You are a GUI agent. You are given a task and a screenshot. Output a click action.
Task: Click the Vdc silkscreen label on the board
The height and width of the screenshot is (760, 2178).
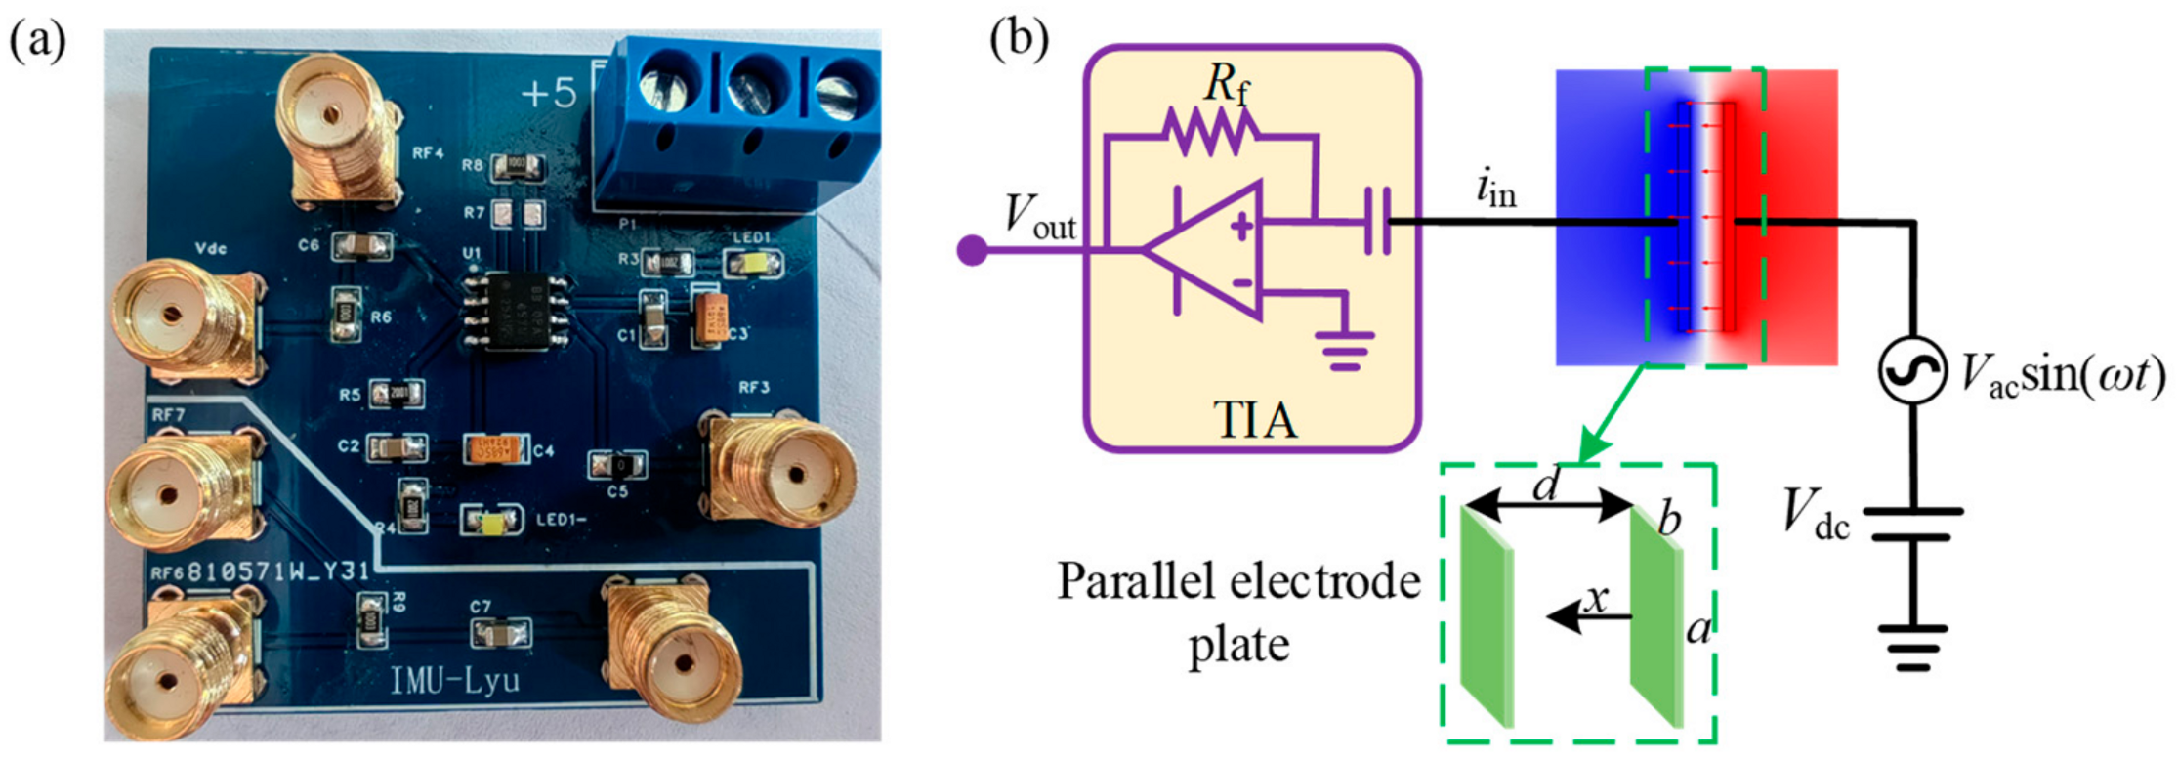point(211,249)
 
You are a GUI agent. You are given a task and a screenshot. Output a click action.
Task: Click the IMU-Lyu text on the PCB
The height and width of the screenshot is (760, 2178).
point(455,680)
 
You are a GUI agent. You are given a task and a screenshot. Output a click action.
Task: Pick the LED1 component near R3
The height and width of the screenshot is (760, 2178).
point(752,262)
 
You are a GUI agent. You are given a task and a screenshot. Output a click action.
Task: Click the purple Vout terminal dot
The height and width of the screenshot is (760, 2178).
point(972,250)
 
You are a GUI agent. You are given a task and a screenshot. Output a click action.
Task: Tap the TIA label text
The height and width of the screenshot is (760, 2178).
point(1254,420)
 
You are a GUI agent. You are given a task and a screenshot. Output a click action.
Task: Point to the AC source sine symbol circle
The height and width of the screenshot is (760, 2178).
point(1911,370)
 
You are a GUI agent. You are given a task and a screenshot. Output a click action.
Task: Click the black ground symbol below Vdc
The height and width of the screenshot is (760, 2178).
point(1912,649)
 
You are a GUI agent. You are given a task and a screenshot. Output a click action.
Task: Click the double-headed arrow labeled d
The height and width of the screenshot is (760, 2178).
point(1549,506)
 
